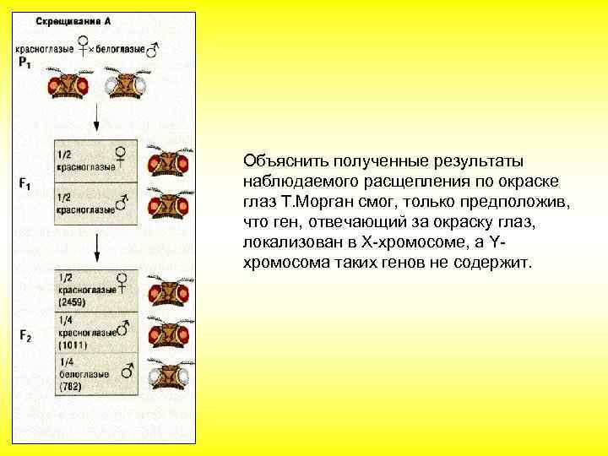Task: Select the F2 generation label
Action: coord(25,335)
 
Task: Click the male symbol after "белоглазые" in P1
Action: coord(153,50)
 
